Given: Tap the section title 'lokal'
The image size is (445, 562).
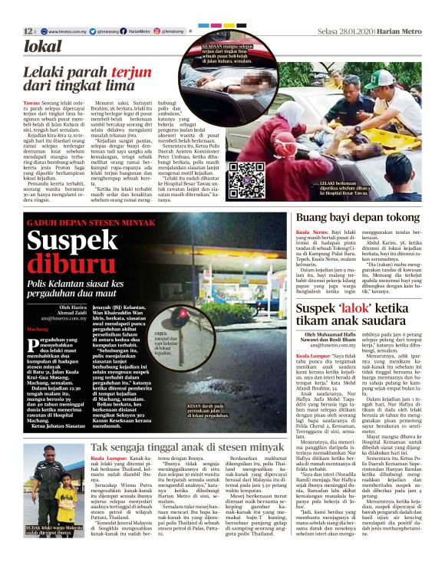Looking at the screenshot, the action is click(x=44, y=47).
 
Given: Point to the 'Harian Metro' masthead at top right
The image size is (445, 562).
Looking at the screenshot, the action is click(x=400, y=31).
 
